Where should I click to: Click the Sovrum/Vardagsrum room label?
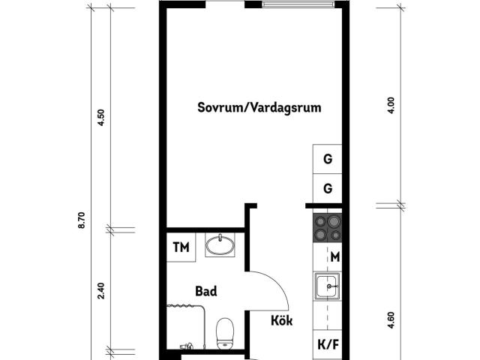click(259, 108)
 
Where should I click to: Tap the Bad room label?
click(206, 291)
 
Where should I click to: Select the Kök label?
click(282, 320)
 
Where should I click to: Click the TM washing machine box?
click(181, 247)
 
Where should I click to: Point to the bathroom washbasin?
click(220, 244)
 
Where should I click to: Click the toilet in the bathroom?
click(225, 333)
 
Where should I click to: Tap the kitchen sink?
click(328, 286)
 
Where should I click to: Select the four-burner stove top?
click(327, 227)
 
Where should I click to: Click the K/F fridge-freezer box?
click(328, 345)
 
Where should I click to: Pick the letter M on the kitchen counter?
click(335, 256)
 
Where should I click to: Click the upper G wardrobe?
click(327, 159)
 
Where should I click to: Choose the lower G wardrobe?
click(327, 188)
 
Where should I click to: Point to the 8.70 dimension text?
click(82, 220)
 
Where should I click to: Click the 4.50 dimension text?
click(100, 118)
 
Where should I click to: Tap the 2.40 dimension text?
click(100, 291)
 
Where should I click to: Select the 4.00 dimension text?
click(391, 106)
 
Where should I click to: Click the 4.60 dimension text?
click(391, 320)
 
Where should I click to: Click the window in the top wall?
click(298, 4)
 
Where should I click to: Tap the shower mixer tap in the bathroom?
click(186, 346)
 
